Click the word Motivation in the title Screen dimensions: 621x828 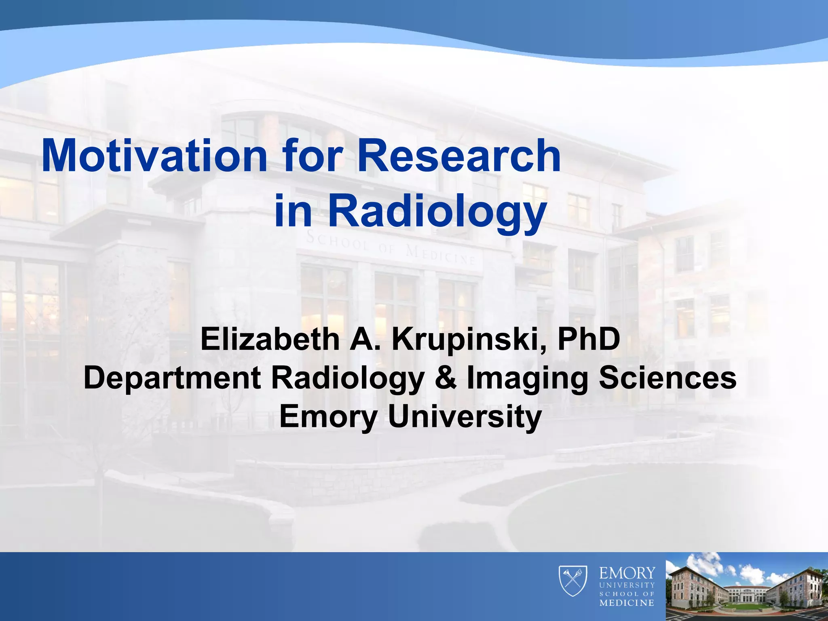coord(154,156)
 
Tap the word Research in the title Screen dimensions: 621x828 coord(459,156)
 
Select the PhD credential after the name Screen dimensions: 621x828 coord(589,340)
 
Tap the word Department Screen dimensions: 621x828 coord(172,378)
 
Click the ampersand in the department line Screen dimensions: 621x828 coord(446,378)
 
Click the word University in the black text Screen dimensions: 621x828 coord(465,416)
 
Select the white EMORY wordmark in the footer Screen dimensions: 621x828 coord(627,573)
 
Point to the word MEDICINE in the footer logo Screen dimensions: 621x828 coord(627,603)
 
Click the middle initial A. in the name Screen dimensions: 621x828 coord(365,340)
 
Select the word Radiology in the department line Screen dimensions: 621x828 coord(348,378)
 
